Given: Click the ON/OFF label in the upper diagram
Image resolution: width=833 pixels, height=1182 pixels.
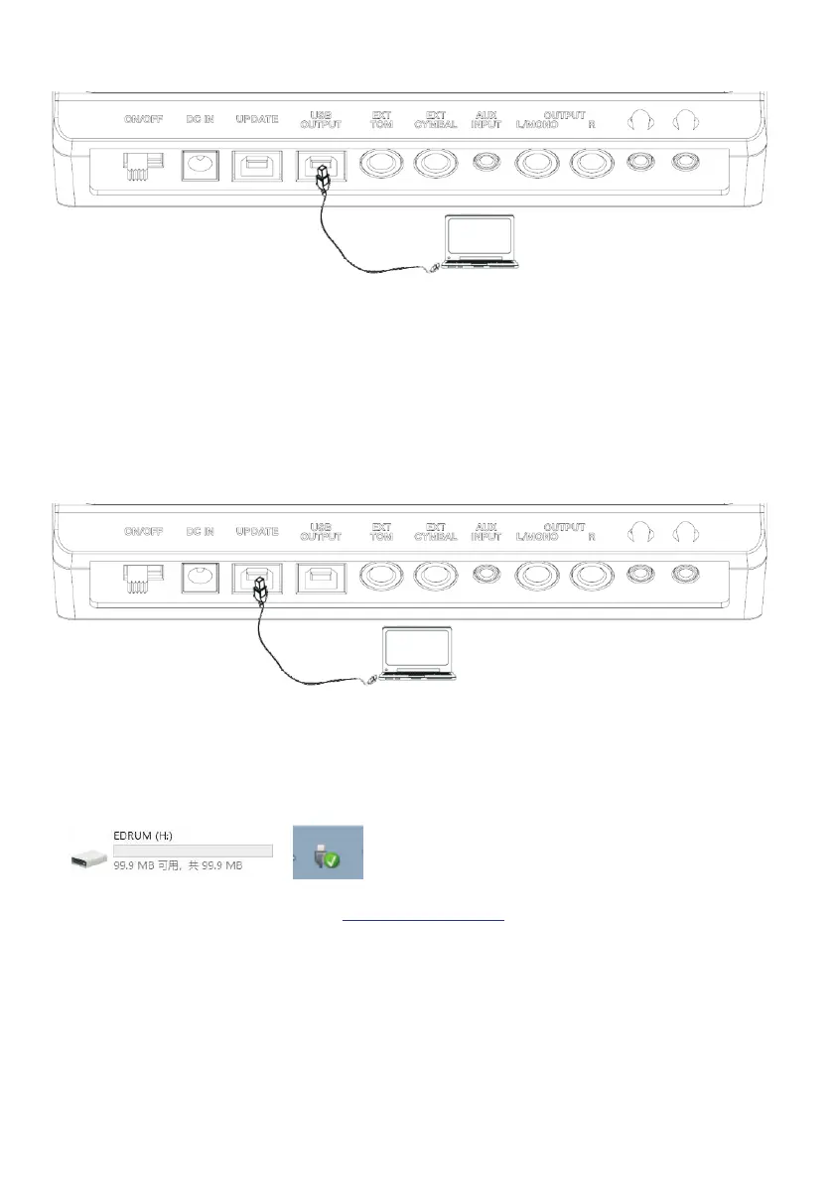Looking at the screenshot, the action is click(143, 119).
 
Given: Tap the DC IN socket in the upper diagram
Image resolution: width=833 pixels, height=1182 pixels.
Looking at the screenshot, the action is click(199, 166).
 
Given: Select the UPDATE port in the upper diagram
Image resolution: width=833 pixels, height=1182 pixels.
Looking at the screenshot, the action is click(255, 166).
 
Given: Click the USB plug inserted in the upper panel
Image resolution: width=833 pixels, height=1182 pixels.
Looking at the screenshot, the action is click(320, 177).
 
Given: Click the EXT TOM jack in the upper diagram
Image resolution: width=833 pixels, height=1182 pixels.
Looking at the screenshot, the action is click(381, 164).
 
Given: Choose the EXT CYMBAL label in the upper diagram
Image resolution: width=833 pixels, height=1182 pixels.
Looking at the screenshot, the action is click(435, 119).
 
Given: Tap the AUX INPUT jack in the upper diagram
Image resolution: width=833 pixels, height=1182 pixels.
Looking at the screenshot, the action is click(486, 165).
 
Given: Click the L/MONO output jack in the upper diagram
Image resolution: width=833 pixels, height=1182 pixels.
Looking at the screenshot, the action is click(537, 164).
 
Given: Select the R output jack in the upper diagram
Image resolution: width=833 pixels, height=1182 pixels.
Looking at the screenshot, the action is click(593, 164).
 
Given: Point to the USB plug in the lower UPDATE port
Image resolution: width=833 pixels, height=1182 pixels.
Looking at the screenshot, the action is click(260, 591).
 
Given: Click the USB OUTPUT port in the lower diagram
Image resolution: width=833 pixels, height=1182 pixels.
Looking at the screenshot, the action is click(320, 579).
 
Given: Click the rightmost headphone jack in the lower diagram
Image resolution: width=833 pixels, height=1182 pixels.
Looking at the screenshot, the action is click(684, 577).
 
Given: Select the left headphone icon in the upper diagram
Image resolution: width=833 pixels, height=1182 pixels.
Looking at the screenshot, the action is click(638, 119).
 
